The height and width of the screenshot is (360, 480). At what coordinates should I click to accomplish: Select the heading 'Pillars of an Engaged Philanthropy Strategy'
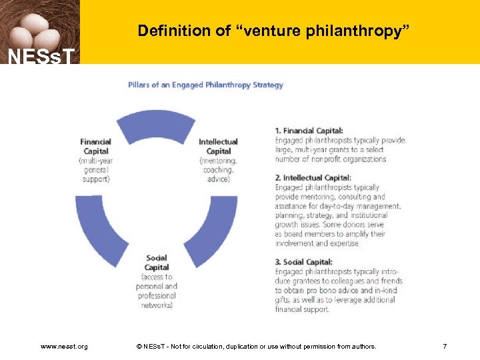205,85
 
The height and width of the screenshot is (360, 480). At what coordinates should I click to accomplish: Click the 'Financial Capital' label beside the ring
96,146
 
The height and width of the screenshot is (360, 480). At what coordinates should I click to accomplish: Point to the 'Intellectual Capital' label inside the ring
218,146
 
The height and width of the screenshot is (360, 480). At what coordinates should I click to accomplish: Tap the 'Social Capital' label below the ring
157,263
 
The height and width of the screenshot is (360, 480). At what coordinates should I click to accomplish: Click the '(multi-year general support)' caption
96,169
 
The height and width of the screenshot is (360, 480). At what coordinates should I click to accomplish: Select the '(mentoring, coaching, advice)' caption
218,169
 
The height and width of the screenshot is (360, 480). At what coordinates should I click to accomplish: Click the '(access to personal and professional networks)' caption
157,291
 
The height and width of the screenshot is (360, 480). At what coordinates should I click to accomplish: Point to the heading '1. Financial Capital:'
309,131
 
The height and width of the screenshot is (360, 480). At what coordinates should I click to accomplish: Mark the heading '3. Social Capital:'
303,262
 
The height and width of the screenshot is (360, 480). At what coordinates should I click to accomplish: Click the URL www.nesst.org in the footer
64,346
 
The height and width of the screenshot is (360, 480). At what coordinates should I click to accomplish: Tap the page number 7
445,346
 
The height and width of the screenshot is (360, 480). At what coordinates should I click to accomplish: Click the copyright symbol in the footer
139,346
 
